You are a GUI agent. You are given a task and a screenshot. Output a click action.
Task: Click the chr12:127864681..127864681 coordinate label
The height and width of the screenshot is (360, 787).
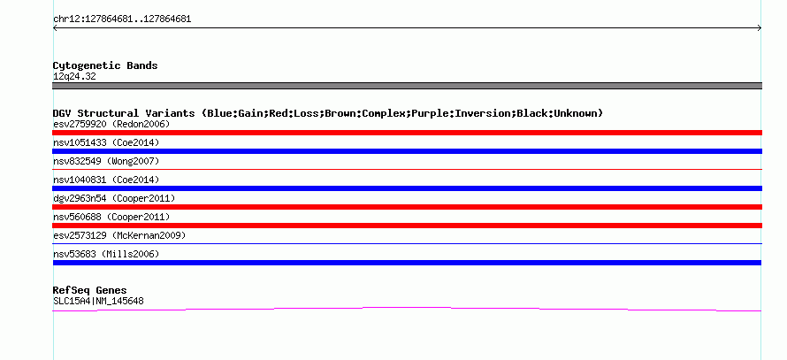click(122, 19)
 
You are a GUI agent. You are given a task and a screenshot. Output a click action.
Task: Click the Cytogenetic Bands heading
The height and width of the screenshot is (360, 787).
click(105, 65)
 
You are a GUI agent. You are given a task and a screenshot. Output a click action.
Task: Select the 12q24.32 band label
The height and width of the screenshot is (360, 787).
click(74, 77)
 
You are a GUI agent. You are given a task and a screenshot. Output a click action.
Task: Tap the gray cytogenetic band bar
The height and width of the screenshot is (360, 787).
click(407, 86)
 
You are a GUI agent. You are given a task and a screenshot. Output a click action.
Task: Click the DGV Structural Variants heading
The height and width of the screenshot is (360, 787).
click(328, 113)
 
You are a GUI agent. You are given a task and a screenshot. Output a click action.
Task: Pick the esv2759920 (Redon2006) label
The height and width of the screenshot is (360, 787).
click(111, 124)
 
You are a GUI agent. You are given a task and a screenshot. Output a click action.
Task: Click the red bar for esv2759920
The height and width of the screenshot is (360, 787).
click(407, 133)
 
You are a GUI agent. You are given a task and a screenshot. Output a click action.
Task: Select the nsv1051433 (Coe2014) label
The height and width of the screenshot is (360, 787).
click(106, 142)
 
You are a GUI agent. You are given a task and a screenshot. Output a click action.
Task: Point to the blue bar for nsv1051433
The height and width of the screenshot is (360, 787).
click(407, 151)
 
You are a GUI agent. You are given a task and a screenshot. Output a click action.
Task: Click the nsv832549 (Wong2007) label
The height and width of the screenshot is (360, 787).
click(106, 161)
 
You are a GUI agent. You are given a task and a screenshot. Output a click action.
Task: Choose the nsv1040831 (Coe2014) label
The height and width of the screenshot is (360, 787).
click(106, 180)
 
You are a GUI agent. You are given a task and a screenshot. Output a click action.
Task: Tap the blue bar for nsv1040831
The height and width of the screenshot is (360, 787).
click(407, 188)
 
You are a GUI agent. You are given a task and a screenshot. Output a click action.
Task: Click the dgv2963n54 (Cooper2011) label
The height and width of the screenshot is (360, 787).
click(114, 198)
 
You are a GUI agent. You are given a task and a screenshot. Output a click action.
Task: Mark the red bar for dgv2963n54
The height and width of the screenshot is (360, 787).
click(407, 207)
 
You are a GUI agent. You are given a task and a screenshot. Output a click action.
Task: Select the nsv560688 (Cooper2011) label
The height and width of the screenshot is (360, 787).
click(111, 217)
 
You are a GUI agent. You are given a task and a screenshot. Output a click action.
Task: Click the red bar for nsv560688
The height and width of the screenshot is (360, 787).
click(407, 226)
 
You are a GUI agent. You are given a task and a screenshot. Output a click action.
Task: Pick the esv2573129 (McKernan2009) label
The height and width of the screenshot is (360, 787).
click(119, 235)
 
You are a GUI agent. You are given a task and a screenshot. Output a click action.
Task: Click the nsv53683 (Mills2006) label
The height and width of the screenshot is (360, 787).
click(106, 254)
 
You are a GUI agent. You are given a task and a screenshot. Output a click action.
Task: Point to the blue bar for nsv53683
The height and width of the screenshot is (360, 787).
click(407, 263)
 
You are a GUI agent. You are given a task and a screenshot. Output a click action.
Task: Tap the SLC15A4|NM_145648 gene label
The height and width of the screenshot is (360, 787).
click(98, 302)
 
